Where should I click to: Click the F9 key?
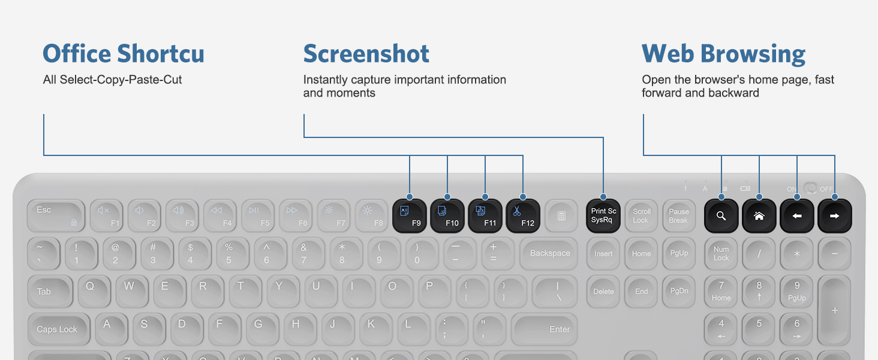coord(410,216)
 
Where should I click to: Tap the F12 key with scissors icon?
coord(523,216)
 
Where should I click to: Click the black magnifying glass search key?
coord(721,216)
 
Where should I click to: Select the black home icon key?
coord(759,216)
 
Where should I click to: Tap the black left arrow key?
coord(796,216)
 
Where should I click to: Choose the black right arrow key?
coord(834,216)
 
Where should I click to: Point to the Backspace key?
coord(549,253)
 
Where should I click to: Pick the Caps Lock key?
coord(57,329)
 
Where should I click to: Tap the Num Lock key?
coord(721,253)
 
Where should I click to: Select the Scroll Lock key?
coord(641,216)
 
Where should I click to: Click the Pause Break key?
coord(678,216)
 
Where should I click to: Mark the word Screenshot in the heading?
coord(366,54)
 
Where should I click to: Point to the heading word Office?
coord(77,54)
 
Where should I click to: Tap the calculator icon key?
coord(561,216)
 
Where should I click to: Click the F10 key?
coord(447,216)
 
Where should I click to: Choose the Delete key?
coord(603,291)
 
